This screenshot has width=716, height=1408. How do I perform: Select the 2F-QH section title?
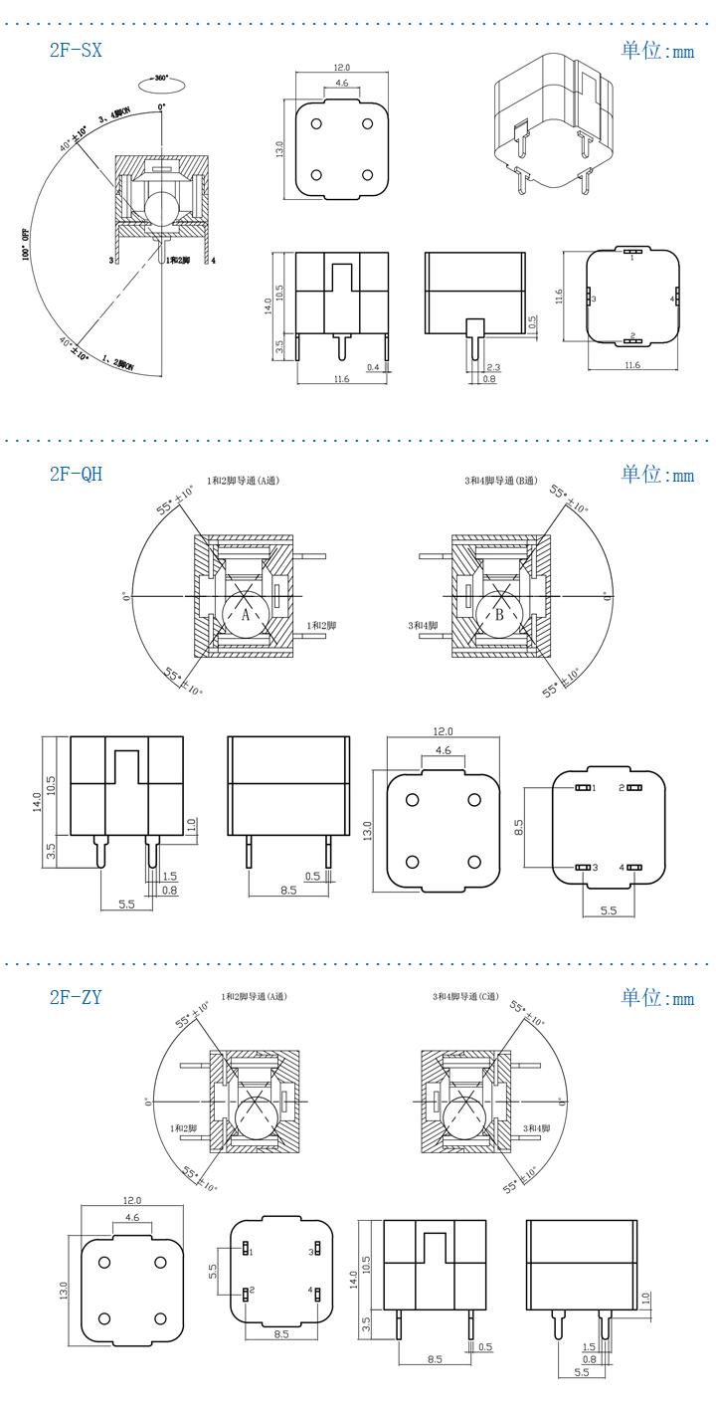tap(76, 474)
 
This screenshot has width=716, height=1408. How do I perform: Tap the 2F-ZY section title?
tap(76, 997)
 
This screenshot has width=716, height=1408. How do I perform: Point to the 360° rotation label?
tap(160, 77)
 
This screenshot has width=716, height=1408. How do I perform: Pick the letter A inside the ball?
tap(246, 615)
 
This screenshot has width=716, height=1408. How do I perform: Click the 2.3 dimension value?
tap(493, 367)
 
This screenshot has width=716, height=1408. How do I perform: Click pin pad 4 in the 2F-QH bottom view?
tap(632, 868)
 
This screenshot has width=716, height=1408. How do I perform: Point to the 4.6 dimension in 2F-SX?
tap(341, 85)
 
